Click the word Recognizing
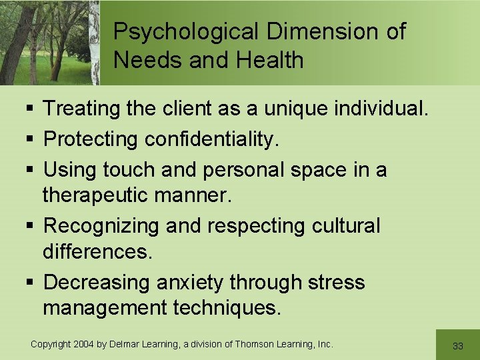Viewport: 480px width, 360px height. (101, 226)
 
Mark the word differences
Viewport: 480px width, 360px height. (97, 253)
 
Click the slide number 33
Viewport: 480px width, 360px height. (458, 346)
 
